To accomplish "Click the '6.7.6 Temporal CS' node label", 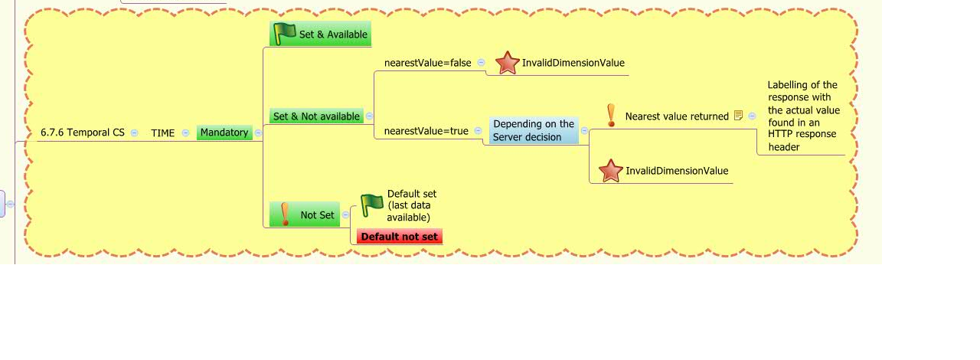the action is pyautogui.click(x=83, y=133).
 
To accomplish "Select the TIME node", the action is pyautogui.click(x=163, y=133).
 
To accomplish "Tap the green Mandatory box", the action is pyautogui.click(x=224, y=133).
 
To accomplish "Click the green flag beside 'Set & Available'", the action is pyautogui.click(x=284, y=33).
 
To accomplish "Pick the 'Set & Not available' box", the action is pyautogui.click(x=316, y=116).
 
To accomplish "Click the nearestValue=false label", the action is pyautogui.click(x=427, y=63).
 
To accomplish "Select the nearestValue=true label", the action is pyautogui.click(x=426, y=130).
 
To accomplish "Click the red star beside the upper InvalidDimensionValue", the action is pyautogui.click(x=508, y=63).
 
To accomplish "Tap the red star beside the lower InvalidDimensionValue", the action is pyautogui.click(x=611, y=171).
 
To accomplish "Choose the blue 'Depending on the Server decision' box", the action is pyautogui.click(x=534, y=130).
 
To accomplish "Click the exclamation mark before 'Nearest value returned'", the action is pyautogui.click(x=611, y=116).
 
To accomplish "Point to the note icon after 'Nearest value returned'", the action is pyautogui.click(x=738, y=115).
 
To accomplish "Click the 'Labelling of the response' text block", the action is pyautogui.click(x=803, y=116).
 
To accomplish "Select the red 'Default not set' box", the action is pyautogui.click(x=400, y=237).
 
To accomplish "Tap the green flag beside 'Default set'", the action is pyautogui.click(x=372, y=205).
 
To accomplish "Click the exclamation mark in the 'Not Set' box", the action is pyautogui.click(x=285, y=214).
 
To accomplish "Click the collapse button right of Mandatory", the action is pyautogui.click(x=258, y=133).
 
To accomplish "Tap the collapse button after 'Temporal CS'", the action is pyautogui.click(x=134, y=133).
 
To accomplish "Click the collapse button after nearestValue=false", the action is pyautogui.click(x=481, y=62).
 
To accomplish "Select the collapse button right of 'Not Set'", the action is pyautogui.click(x=345, y=214).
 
